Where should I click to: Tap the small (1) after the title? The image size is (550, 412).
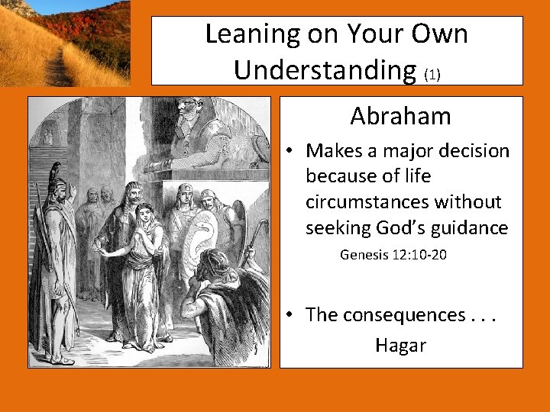432,75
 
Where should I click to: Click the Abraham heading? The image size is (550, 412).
400,117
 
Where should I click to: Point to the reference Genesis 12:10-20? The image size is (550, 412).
393,254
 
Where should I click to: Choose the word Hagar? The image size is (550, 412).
400,346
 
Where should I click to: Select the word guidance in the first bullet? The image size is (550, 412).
471,228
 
